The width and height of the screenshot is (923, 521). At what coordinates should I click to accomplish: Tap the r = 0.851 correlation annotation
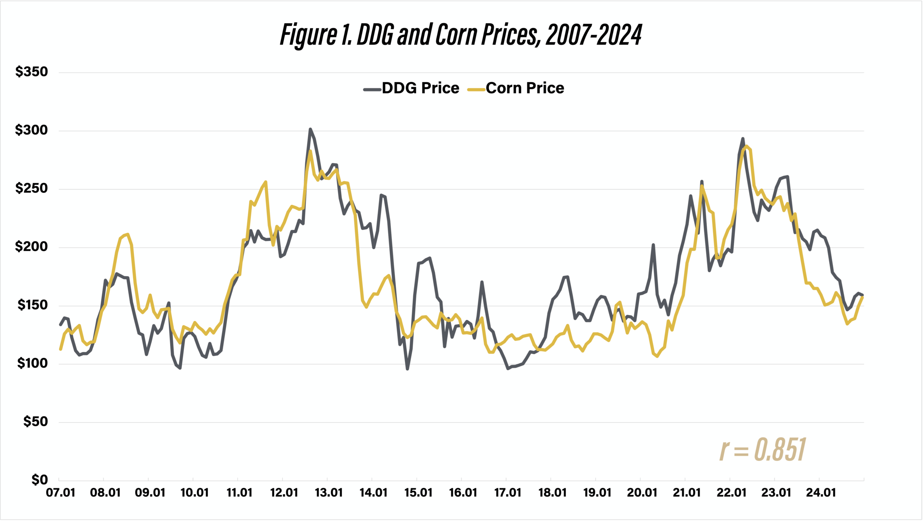(x=762, y=450)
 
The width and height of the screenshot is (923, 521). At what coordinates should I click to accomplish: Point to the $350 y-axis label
(x=31, y=72)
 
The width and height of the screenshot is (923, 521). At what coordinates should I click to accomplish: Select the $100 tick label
(x=32, y=363)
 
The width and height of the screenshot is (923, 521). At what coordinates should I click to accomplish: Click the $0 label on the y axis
(x=39, y=480)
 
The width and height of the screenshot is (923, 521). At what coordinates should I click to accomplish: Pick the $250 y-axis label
(x=31, y=188)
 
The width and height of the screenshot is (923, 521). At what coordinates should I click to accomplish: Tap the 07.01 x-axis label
(x=61, y=493)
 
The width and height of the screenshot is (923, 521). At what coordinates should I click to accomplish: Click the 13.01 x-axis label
(x=328, y=493)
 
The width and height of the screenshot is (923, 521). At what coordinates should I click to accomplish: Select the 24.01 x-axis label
(x=821, y=493)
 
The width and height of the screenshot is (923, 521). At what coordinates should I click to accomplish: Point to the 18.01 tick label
(x=552, y=493)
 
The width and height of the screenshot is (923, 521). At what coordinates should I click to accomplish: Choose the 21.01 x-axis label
(x=686, y=493)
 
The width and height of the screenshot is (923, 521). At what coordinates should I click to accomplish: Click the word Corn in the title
(x=456, y=35)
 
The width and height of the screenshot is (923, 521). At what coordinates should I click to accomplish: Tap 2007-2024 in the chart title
(x=593, y=35)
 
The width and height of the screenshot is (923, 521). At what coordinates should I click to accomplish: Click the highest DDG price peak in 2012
(x=310, y=129)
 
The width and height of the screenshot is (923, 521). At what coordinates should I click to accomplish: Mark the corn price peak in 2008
(x=128, y=235)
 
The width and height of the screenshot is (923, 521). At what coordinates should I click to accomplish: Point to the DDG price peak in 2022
(x=743, y=139)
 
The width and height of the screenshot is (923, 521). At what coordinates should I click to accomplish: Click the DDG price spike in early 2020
(x=653, y=245)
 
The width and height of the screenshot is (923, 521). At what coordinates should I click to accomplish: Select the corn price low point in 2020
(x=657, y=356)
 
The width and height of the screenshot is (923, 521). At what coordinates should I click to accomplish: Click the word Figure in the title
(x=308, y=35)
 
